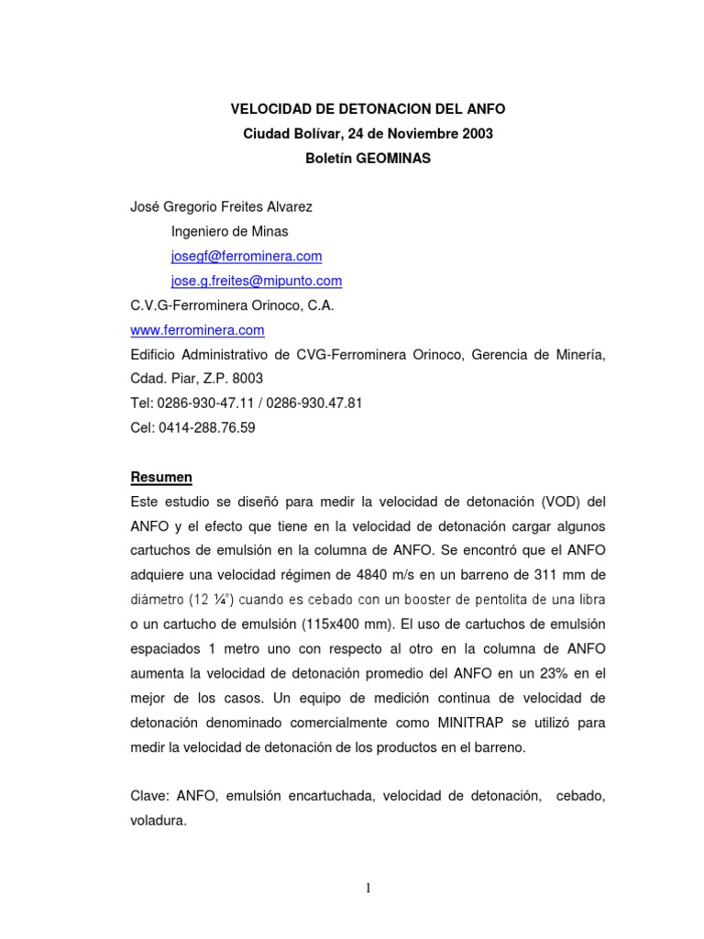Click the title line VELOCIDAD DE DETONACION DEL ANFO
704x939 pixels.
point(368,109)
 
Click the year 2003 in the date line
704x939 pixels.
point(477,134)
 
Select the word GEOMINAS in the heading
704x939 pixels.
point(393,158)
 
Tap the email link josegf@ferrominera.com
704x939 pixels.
point(247,256)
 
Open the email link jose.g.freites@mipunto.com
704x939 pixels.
point(257,281)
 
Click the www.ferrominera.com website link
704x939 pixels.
point(198,330)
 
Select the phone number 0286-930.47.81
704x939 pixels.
point(312,403)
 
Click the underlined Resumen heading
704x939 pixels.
point(162,478)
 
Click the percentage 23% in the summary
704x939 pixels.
point(539,673)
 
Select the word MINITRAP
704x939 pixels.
point(492,723)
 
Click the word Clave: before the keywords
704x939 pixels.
point(151,797)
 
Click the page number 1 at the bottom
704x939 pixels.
point(368,888)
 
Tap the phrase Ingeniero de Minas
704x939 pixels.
point(229,231)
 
